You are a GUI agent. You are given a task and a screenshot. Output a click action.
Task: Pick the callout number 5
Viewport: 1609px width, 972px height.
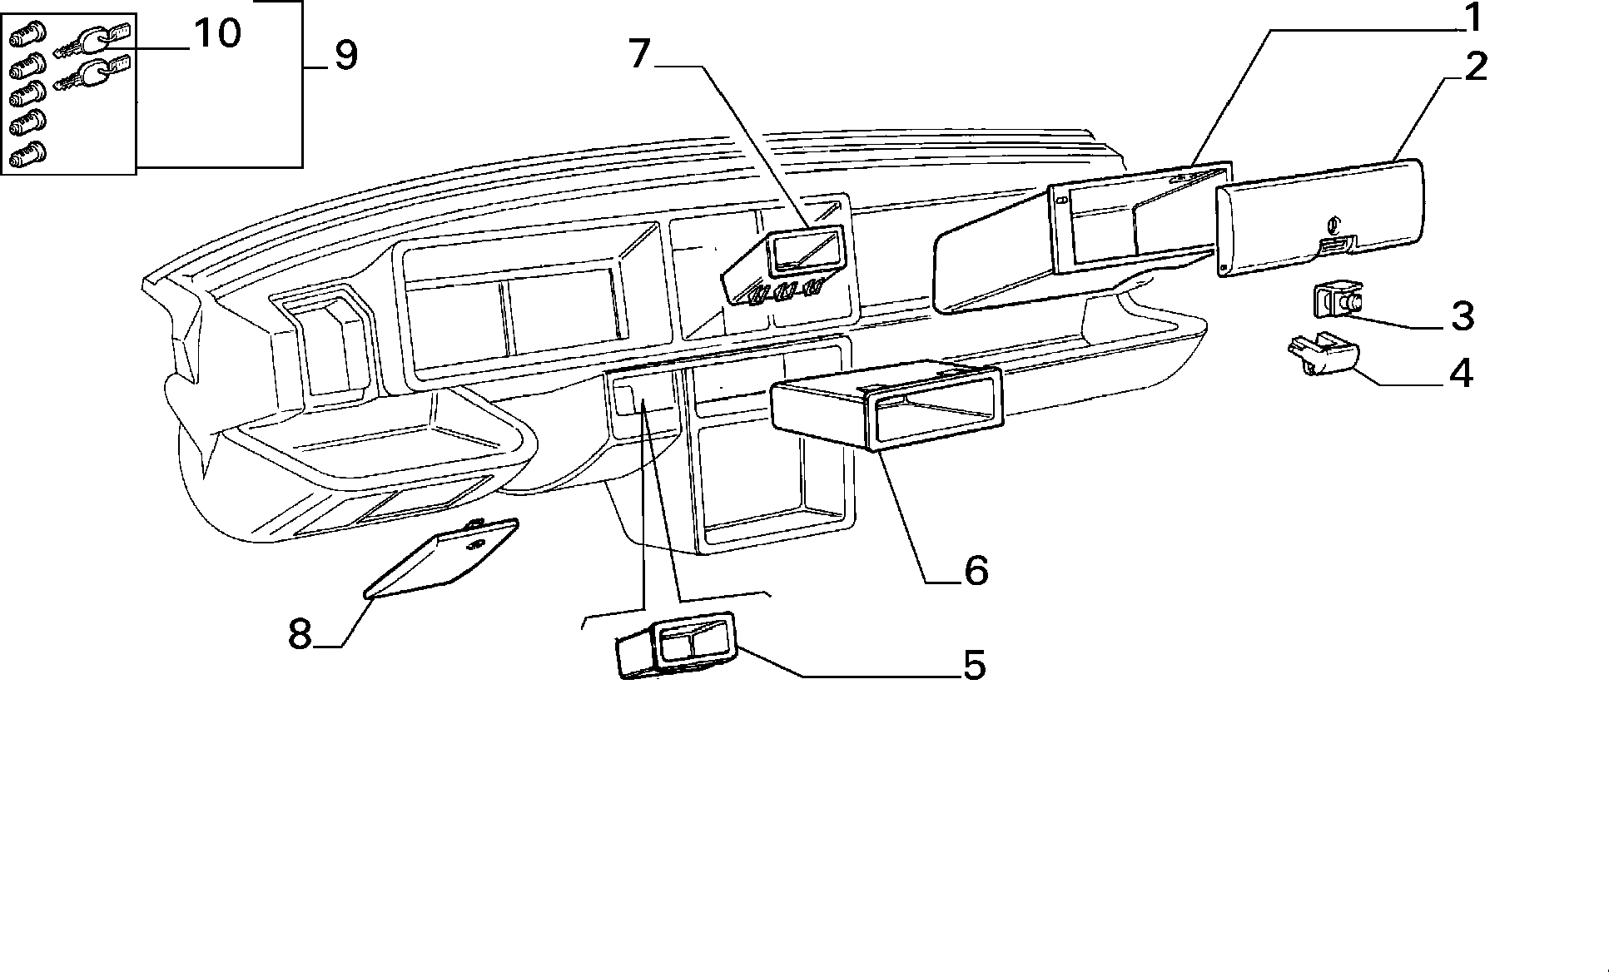coord(973,666)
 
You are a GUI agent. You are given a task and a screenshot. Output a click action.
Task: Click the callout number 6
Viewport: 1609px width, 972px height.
coord(976,571)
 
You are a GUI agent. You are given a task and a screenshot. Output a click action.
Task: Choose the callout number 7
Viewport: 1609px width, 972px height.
coord(638,54)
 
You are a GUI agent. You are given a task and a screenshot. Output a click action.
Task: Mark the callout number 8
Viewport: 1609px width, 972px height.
coord(300,635)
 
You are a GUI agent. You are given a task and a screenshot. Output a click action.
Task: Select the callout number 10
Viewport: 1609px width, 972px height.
coord(216,34)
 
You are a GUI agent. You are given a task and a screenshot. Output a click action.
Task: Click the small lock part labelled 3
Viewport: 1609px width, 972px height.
coord(1338,301)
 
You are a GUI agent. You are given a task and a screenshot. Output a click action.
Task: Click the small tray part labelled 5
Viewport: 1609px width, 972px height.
coord(676,646)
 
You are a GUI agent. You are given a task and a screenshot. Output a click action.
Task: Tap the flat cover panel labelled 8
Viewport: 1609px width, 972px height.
coord(441,558)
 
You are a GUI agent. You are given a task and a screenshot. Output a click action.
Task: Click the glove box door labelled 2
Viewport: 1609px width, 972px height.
coord(1319,218)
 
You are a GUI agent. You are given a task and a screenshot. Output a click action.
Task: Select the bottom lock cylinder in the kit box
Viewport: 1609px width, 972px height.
coord(27,155)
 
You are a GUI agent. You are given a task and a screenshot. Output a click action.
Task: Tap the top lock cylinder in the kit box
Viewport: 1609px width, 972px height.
coord(27,36)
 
